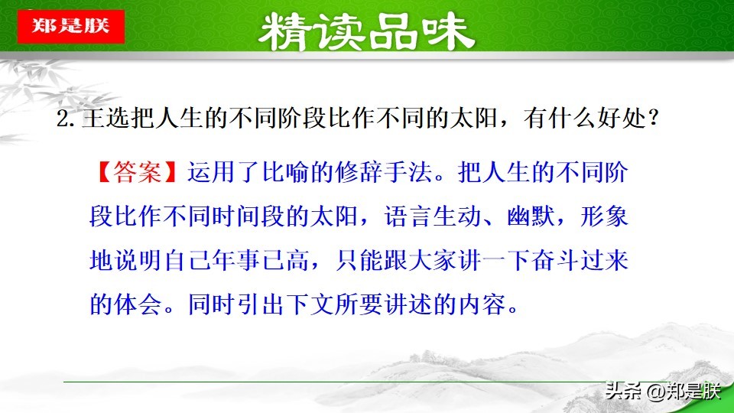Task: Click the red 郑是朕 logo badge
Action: coord(70,26)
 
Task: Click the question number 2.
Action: coord(63,122)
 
